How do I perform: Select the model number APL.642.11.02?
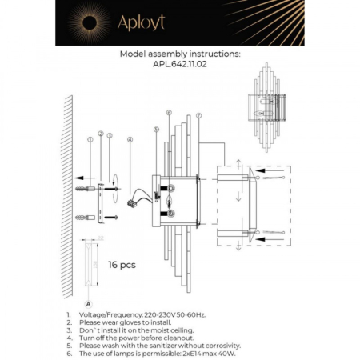[x=179, y=68]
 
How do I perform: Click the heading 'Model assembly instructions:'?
[x=179, y=56]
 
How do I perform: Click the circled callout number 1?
[x=90, y=140]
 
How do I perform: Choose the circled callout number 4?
[x=130, y=140]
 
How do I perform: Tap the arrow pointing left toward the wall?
[x=77, y=178]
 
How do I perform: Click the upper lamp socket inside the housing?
[x=170, y=189]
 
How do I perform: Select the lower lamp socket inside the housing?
[x=170, y=214]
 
